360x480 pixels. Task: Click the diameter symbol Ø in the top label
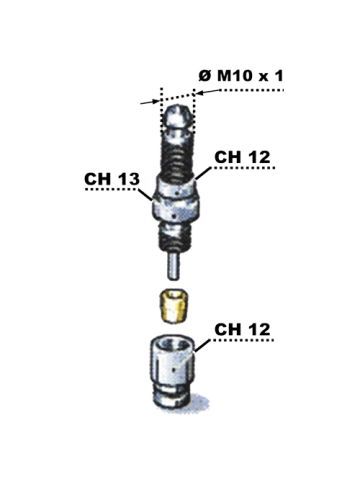coord(205,76)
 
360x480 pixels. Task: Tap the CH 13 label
coord(112,179)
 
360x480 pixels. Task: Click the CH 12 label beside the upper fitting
coord(242,157)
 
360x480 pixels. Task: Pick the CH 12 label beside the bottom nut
coord(242,329)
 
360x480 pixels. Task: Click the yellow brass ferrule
coord(174,306)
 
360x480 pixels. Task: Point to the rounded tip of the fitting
coord(178,118)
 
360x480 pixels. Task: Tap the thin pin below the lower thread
coord(173,266)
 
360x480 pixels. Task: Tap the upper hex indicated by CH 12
coord(176,187)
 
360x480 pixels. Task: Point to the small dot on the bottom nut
coord(174,369)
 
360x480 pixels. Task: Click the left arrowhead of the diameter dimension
coord(155,101)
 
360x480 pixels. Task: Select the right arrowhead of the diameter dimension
coord(200,93)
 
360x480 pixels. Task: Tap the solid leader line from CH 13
coord(145,195)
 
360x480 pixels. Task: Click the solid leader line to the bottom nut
coord(202,346)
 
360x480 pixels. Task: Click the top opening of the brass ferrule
coord(173,294)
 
